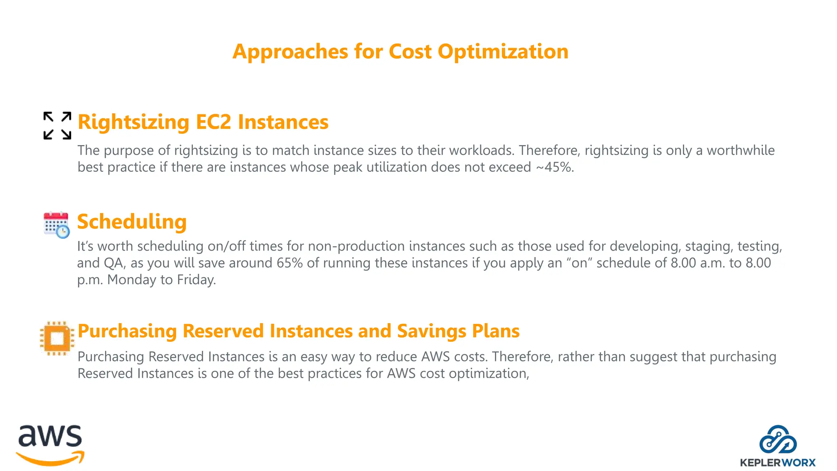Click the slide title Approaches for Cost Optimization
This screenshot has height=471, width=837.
tap(400, 52)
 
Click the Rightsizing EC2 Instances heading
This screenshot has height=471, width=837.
tap(203, 122)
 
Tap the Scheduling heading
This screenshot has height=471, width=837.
tap(132, 222)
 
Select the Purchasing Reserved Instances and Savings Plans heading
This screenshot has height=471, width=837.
tap(298, 331)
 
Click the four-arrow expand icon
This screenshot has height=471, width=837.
tap(57, 126)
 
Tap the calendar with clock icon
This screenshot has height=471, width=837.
tap(56, 225)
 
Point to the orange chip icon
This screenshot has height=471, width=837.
tap(57, 338)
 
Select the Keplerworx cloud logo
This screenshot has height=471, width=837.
tap(778, 440)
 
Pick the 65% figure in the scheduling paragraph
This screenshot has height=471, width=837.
tap(289, 263)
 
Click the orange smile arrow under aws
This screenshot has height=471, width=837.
tap(50, 459)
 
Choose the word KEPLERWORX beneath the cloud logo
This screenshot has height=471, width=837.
tap(777, 463)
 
